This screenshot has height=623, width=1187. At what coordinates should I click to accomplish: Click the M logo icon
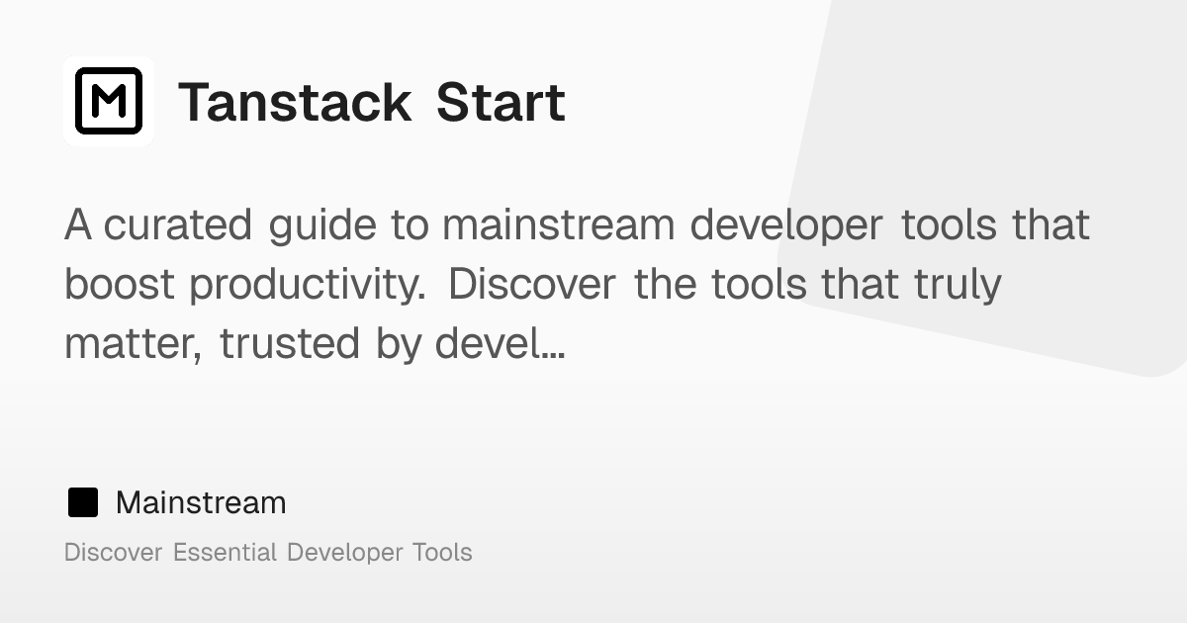point(109,101)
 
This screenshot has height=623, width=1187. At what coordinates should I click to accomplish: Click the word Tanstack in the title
point(295,103)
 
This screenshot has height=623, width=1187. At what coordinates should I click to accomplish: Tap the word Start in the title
point(501,103)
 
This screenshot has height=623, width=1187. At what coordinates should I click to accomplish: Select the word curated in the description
point(178,225)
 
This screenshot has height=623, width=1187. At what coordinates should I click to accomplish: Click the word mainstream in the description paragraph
point(559,225)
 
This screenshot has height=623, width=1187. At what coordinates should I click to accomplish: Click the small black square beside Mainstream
point(83,502)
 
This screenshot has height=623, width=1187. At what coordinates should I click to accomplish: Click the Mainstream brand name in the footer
point(201,502)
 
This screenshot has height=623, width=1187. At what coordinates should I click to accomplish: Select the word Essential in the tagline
point(225,552)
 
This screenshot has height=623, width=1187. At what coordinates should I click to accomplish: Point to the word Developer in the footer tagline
point(341,553)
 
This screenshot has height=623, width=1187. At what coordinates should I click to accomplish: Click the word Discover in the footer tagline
point(113,552)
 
